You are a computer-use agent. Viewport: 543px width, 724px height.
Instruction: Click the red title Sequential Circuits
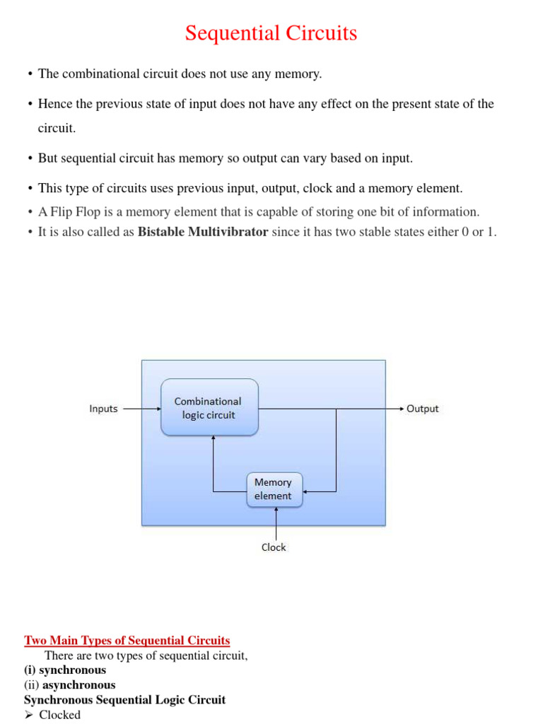click(271, 33)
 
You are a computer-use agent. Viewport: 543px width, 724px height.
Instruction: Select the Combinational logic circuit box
click(209, 408)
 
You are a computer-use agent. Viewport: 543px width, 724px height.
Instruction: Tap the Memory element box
click(273, 489)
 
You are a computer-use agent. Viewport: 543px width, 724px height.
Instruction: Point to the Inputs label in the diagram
click(103, 409)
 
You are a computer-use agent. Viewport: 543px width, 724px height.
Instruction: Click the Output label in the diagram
click(423, 409)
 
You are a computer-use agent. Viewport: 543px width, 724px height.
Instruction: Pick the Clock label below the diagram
click(274, 547)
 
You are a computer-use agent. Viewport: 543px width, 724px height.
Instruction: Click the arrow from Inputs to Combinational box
click(141, 409)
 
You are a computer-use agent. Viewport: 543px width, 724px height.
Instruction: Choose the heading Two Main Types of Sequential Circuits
click(127, 641)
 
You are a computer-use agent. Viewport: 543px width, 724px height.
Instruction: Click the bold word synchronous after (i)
click(72, 670)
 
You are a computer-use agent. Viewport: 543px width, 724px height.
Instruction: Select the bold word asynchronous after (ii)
click(78, 684)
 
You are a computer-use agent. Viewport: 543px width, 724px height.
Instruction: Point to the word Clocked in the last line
click(60, 715)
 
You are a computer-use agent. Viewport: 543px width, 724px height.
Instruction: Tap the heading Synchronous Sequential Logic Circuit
click(125, 699)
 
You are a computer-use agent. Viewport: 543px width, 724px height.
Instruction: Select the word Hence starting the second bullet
click(54, 104)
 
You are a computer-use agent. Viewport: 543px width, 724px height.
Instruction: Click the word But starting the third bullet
click(48, 158)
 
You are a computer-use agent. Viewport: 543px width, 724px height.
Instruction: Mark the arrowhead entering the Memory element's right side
click(306, 491)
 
